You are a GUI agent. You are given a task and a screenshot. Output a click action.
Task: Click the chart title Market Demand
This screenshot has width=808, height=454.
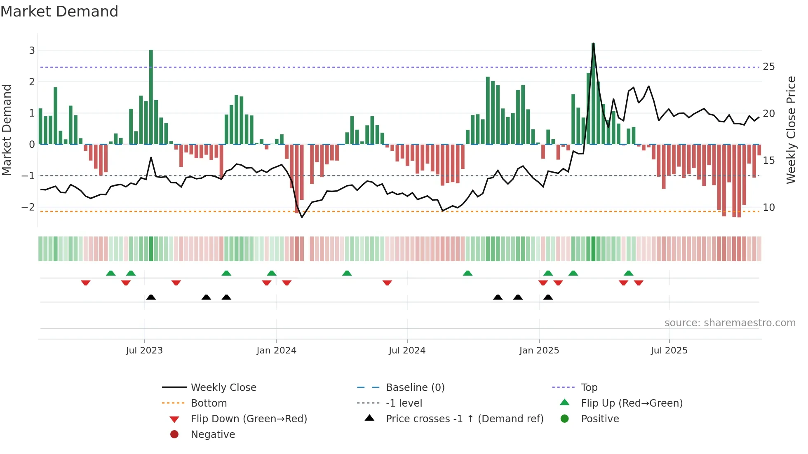[59, 12]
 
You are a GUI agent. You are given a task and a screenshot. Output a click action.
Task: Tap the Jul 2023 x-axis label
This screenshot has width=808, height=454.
[144, 351]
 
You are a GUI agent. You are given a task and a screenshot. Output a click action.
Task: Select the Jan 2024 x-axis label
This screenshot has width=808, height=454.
[276, 351]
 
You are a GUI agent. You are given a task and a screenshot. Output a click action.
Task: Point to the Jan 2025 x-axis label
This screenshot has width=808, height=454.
[539, 351]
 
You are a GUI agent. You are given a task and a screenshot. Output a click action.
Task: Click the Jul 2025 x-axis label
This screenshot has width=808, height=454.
[669, 351]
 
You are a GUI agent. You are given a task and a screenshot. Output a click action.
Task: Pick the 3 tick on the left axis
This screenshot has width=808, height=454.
[32, 51]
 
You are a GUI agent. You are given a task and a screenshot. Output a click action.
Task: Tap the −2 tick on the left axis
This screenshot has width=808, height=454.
[28, 207]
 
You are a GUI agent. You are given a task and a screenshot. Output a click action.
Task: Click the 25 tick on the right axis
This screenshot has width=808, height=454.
[768, 67]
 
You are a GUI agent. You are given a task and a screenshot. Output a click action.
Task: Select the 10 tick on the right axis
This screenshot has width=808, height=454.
[768, 208]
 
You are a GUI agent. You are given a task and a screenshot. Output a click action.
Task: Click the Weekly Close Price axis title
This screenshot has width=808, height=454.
[791, 130]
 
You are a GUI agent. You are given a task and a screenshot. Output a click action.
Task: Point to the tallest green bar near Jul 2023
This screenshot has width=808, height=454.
[151, 97]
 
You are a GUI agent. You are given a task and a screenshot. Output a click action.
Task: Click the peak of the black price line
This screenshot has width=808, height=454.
[593, 44]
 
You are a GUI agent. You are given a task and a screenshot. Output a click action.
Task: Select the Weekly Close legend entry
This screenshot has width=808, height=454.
[223, 388]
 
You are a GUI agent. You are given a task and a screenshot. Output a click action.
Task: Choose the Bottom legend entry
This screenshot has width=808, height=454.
[209, 403]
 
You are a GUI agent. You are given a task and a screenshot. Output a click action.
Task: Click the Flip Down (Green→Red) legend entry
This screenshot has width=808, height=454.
[249, 419]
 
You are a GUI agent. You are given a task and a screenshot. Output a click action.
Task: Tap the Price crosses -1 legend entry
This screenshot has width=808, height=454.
[464, 419]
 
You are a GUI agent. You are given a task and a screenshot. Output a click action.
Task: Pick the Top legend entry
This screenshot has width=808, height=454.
[589, 388]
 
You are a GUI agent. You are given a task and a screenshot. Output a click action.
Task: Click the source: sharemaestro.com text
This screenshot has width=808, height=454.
[730, 323]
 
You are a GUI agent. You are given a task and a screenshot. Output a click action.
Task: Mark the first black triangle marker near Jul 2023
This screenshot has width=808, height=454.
[151, 297]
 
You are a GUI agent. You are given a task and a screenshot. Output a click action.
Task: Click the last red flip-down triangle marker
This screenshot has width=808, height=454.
[639, 283]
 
